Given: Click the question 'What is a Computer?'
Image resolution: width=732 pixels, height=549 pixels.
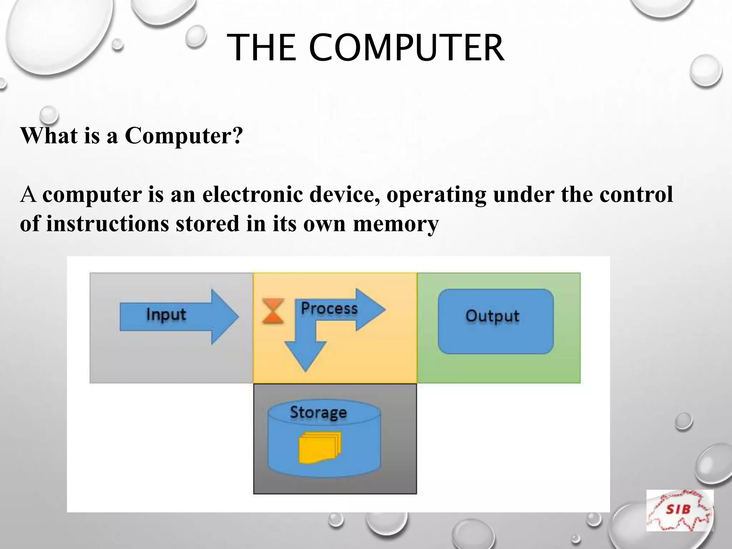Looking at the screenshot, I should click(x=132, y=136).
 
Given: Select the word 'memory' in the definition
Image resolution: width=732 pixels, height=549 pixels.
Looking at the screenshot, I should click(x=396, y=224).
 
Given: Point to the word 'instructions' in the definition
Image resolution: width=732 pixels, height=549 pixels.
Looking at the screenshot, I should click(x=108, y=224).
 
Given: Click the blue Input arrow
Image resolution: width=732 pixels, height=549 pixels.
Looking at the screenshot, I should click(x=179, y=316).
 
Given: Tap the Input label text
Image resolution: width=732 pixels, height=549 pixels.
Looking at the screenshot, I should click(x=166, y=315).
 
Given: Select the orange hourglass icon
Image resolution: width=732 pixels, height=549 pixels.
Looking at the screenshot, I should click(x=273, y=311).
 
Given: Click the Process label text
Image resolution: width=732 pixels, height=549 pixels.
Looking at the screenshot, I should click(x=329, y=308).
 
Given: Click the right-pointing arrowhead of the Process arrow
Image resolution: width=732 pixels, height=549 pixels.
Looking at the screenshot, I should click(x=370, y=310).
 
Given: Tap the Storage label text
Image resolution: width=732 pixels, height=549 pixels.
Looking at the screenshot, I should click(x=318, y=412).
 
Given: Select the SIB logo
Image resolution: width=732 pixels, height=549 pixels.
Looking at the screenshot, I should click(x=679, y=510).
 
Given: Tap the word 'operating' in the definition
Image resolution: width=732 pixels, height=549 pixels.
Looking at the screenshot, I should click(x=436, y=194).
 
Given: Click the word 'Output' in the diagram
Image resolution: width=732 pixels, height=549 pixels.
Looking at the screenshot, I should click(x=492, y=316).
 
